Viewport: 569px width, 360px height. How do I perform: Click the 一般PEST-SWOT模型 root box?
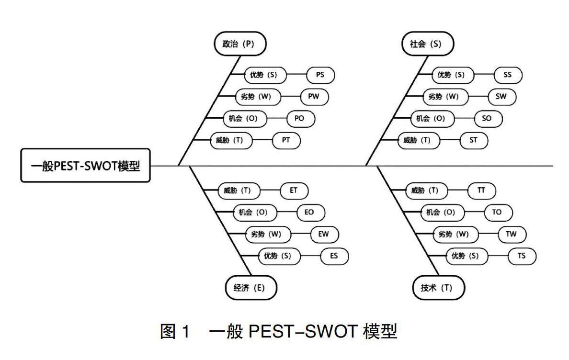click(85, 166)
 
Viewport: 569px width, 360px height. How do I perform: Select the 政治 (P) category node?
click(239, 44)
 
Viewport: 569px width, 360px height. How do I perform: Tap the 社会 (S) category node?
click(426, 44)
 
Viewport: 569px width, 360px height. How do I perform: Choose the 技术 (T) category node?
click(439, 288)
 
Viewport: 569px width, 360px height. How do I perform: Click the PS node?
click(320, 75)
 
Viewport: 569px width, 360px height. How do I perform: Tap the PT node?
click(286, 141)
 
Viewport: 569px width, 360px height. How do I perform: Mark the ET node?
click(294, 191)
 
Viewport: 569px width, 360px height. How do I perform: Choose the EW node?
click(325, 235)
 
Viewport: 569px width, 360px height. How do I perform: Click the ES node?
click(334, 256)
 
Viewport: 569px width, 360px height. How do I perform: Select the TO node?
click(497, 213)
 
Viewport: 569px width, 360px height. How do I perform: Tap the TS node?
click(522, 256)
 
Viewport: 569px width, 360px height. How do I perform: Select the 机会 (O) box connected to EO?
click(253, 213)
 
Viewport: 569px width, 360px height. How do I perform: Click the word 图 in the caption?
click(168, 331)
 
